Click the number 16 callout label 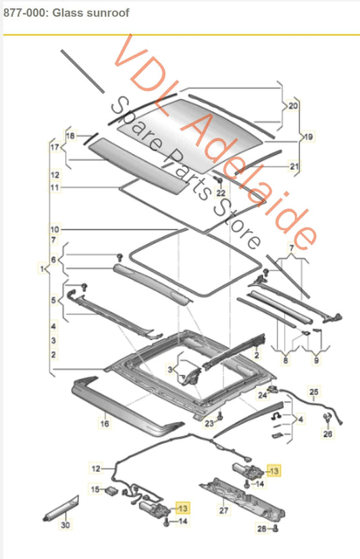[x=105, y=423]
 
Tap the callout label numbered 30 [x=66, y=525]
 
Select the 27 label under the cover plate [x=224, y=510]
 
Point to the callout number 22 [x=222, y=193]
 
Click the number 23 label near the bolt [x=209, y=423]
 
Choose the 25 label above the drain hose [x=313, y=392]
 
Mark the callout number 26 [x=328, y=433]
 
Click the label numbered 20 [x=293, y=106]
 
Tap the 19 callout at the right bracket [x=309, y=136]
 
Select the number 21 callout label [x=294, y=166]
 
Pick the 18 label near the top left [x=71, y=136]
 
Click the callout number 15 [x=95, y=489]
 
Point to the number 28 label [x=262, y=529]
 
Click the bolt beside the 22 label [x=220, y=182]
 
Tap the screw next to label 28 [x=275, y=529]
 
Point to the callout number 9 [x=317, y=361]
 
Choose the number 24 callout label [x=263, y=395]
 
